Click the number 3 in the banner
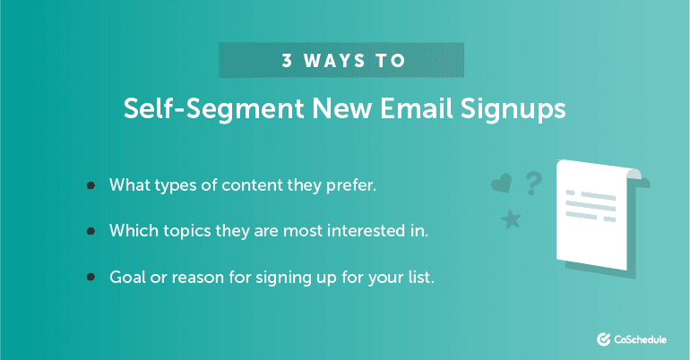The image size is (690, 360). point(288,62)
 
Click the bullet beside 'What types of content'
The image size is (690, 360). point(91,185)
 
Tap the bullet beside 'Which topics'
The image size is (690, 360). point(91,231)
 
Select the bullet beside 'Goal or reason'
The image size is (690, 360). point(91,277)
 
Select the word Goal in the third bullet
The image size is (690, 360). point(126,277)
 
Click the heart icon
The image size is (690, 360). point(501,184)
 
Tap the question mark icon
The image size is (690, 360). point(533,183)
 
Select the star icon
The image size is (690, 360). point(513,219)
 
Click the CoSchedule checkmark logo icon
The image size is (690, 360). point(602,339)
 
